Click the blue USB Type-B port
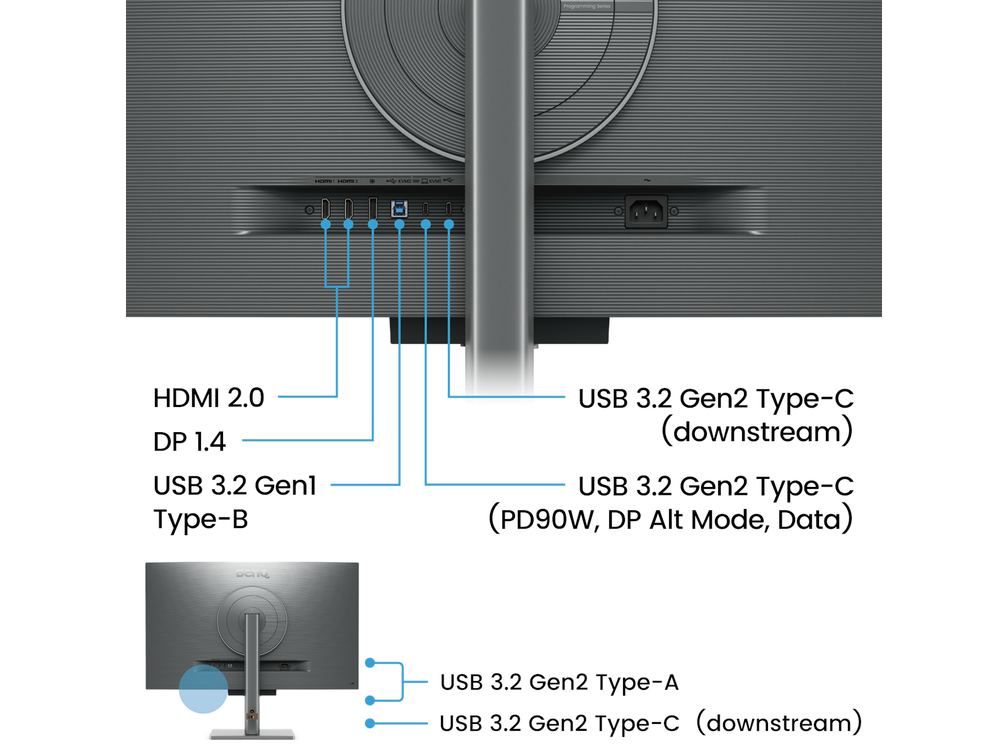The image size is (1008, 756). pos(399,209)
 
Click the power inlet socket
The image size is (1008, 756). pos(646,212)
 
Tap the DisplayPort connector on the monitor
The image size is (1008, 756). pos(373,209)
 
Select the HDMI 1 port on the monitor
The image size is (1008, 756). pos(326,209)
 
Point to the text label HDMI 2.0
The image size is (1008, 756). pos(209,398)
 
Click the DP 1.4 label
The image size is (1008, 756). pos(189,442)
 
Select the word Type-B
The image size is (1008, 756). pos(201,520)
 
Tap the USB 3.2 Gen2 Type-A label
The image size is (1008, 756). pos(559,682)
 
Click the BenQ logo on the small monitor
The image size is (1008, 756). pos(253,574)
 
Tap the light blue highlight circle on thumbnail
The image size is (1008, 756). pos(203,689)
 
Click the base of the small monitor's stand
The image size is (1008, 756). pos(252,734)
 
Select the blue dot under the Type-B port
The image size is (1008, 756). pos(399,224)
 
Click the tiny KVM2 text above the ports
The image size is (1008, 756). pos(404,181)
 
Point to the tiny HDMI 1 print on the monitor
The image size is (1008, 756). pos(324,181)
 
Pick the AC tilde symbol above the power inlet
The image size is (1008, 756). pos(647,181)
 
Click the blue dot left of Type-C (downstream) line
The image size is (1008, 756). pos(370,723)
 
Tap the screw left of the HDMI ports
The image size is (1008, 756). pos(309,210)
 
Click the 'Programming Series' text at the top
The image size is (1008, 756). pos(587,6)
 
